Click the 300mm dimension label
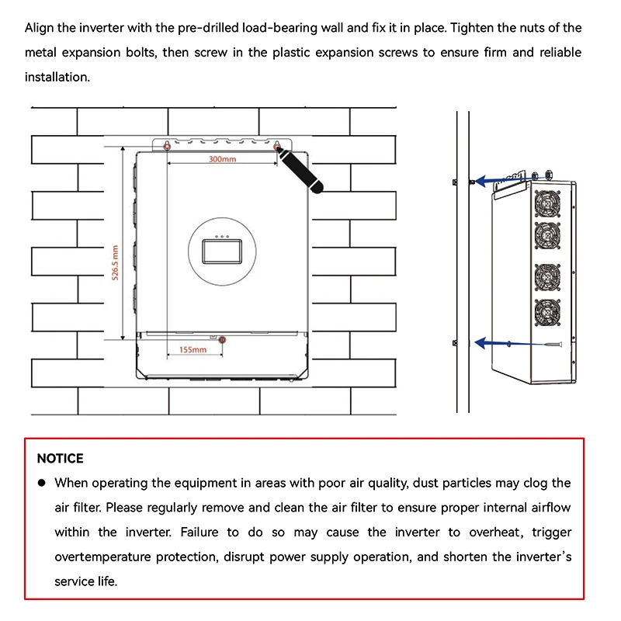[222, 159]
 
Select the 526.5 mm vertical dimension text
[115, 262]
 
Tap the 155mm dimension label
[193, 350]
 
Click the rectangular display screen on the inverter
[222, 252]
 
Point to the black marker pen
[300, 170]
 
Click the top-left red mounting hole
[167, 147]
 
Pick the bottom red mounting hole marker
[222, 340]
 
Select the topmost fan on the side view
[547, 203]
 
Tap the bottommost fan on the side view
[547, 313]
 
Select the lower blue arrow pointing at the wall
[511, 343]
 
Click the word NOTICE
[61, 459]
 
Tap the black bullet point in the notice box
[42, 483]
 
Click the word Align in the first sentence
[40, 28]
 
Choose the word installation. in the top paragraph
[57, 77]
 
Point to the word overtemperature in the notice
[102, 557]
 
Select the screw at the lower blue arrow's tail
[553, 345]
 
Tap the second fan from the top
[547, 236]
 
